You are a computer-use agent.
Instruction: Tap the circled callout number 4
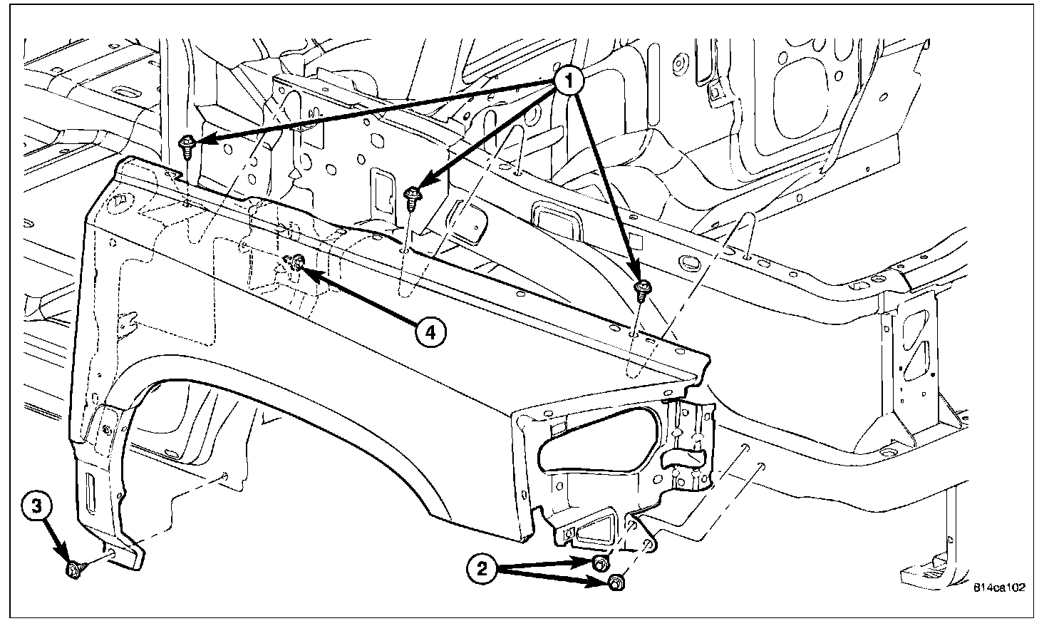click(x=431, y=332)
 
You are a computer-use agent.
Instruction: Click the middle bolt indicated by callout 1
click(x=413, y=195)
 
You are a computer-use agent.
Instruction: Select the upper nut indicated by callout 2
click(x=601, y=564)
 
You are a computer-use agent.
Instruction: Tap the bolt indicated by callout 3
click(x=73, y=568)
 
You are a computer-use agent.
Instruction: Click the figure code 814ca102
click(x=999, y=588)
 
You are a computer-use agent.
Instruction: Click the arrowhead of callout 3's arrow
click(x=68, y=561)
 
